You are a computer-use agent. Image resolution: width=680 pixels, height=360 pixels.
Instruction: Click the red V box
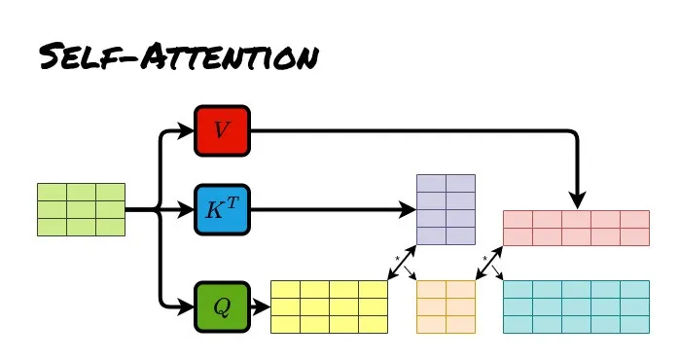pos(222,130)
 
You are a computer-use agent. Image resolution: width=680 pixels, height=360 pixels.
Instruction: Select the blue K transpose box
pos(222,210)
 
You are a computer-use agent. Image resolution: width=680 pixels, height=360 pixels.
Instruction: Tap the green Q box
pos(222,307)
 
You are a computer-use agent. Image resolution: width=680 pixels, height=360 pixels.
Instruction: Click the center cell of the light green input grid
pos(81,210)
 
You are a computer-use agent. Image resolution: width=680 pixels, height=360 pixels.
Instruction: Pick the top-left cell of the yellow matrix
pos(285,290)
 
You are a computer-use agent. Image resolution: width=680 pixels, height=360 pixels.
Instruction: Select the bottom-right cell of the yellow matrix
pos(373,324)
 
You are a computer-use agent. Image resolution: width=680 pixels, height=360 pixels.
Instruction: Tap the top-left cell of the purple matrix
pos(432,184)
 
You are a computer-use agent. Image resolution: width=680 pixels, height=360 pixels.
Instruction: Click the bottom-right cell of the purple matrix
pos(460,236)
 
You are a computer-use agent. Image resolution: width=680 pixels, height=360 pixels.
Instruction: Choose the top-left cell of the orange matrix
pos(432,290)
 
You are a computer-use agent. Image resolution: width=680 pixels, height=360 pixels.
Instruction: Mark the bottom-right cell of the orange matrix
pos(460,324)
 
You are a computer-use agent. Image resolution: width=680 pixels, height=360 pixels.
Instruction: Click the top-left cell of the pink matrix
pos(518,220)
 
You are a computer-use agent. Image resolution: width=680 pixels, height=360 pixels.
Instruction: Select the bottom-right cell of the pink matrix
pos(635,236)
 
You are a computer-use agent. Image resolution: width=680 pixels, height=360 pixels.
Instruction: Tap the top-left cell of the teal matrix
pos(518,290)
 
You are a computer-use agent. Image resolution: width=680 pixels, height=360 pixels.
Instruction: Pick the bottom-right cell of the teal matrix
pos(635,324)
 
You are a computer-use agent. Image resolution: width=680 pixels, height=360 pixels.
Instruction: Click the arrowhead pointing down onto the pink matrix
pos(577,200)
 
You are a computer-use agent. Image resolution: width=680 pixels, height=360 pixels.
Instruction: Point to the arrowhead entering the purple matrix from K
pos(408,210)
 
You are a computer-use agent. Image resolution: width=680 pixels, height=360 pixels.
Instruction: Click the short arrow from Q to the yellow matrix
pos(261,307)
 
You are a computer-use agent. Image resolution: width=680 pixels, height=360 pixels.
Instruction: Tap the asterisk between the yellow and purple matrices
pos(397,259)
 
